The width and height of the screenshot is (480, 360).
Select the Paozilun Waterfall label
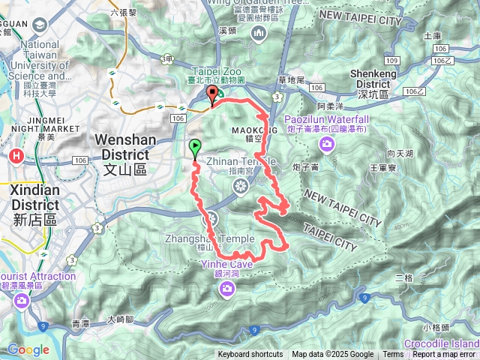[326, 124]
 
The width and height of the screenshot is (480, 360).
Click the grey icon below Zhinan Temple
[241, 185]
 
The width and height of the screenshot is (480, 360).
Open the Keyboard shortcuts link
[250, 355]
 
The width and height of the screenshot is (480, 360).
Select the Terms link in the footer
[393, 355]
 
